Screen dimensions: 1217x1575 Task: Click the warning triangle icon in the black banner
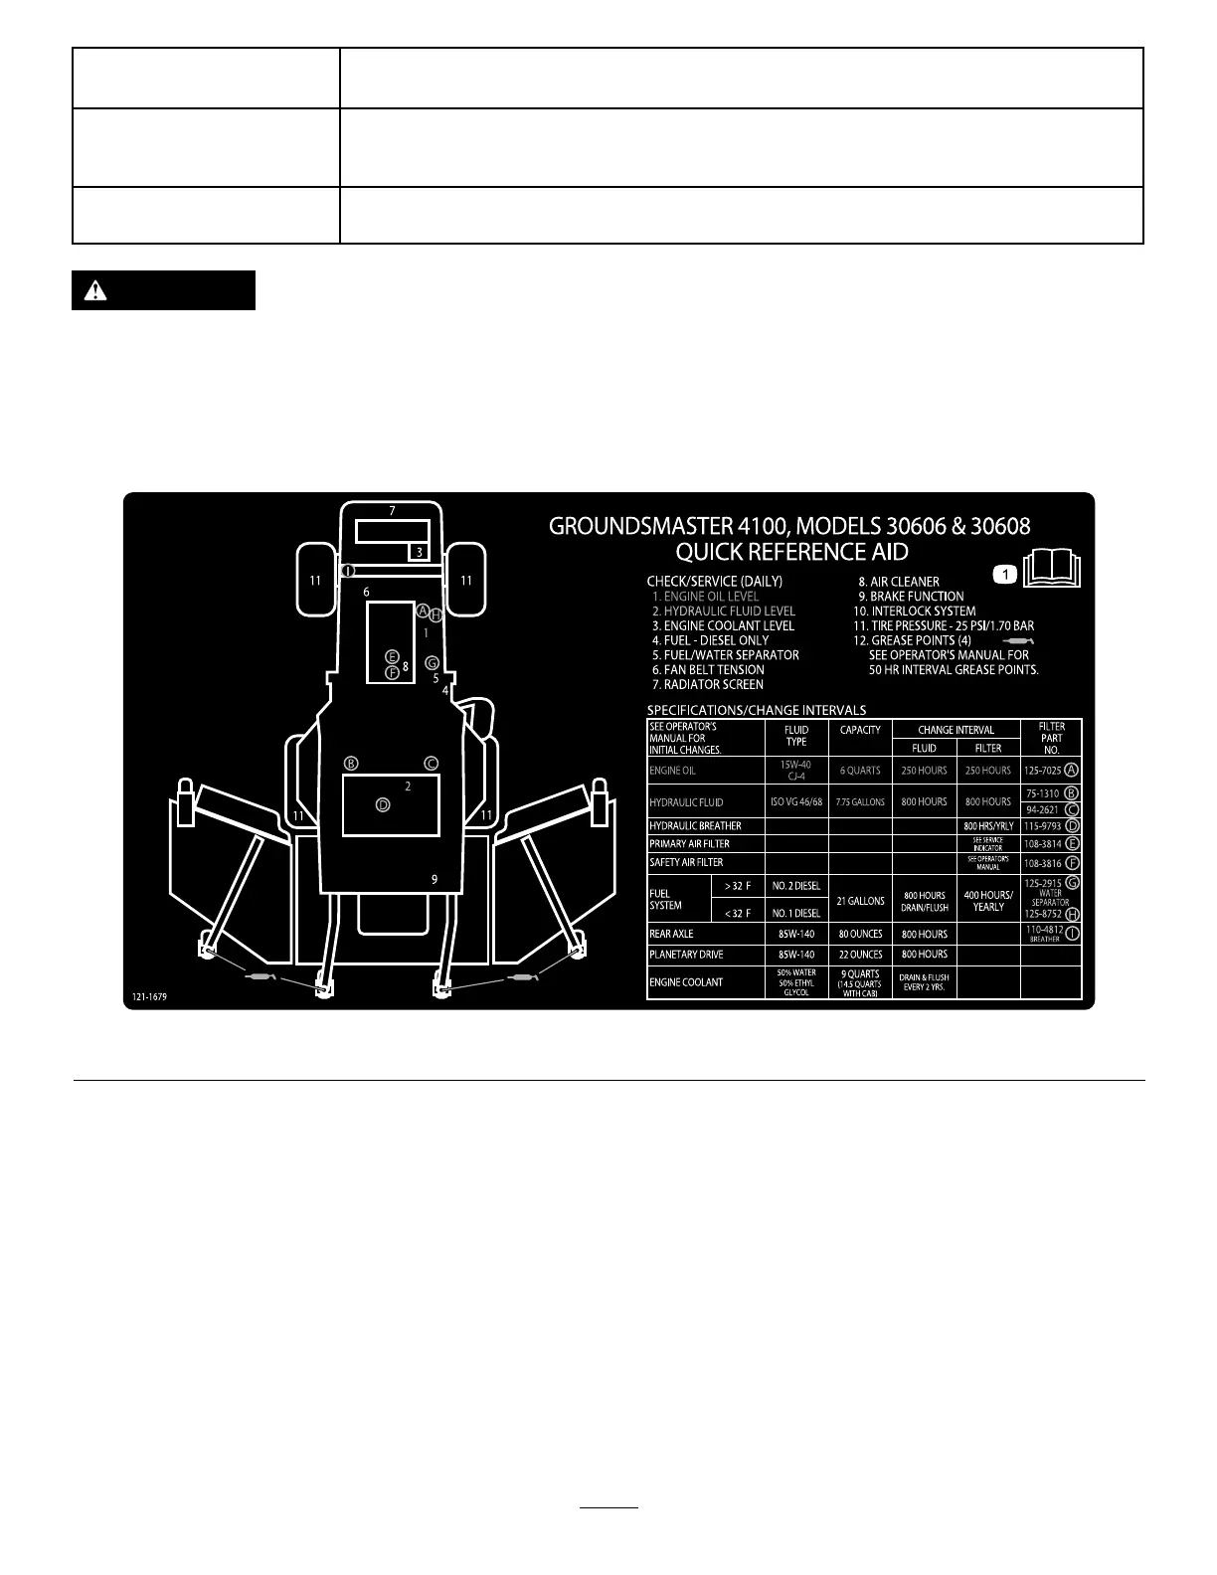click(x=95, y=290)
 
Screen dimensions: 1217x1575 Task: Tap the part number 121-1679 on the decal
click(x=149, y=996)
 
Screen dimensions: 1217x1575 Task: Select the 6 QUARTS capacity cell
click(x=860, y=771)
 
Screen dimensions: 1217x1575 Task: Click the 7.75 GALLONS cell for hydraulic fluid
click(x=860, y=801)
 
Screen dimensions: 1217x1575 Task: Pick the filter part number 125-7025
click(x=1042, y=771)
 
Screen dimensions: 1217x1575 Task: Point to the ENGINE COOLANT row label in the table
click(x=686, y=982)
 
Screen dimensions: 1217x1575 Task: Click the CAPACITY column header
click(x=860, y=730)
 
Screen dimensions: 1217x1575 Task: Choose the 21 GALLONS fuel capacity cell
click(x=860, y=901)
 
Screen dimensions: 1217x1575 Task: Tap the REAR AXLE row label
click(x=671, y=934)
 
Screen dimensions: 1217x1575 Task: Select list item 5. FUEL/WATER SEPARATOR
click(x=726, y=655)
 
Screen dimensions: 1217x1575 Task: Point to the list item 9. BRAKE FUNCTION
click(x=911, y=597)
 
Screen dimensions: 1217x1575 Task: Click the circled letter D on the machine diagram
click(x=383, y=804)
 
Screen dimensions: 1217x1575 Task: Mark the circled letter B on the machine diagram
click(x=351, y=764)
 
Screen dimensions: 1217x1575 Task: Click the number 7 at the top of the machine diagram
click(x=392, y=511)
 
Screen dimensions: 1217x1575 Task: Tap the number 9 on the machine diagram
click(x=435, y=879)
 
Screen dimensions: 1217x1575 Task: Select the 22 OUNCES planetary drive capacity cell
click(x=860, y=955)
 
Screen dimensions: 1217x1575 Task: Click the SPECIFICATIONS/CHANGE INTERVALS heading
click(x=756, y=710)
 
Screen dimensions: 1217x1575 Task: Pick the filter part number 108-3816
click(x=1042, y=864)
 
